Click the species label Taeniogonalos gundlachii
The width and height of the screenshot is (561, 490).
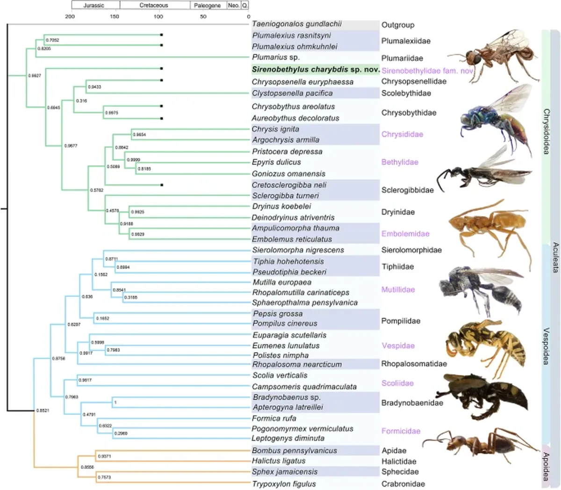(x=297, y=24)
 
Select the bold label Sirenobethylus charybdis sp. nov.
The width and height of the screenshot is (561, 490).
(x=316, y=69)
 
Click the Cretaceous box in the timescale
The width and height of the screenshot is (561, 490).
(x=154, y=5)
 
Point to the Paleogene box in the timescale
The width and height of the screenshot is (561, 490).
(x=208, y=5)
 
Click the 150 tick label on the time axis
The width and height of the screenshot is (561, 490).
(x=115, y=16)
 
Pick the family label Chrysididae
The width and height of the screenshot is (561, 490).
(x=402, y=134)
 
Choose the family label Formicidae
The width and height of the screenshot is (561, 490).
(x=401, y=431)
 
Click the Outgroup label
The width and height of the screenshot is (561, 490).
(x=398, y=25)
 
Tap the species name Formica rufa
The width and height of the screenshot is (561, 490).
(x=274, y=418)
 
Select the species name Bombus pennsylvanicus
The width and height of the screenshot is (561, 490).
(x=295, y=451)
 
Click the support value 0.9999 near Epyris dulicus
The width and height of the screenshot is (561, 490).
(x=133, y=160)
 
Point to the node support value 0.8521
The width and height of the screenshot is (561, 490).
(x=43, y=411)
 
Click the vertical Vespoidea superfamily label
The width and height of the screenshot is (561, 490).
(x=546, y=346)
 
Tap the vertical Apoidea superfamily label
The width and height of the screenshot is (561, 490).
(x=546, y=466)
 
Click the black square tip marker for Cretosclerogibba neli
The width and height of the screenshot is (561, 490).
(x=161, y=185)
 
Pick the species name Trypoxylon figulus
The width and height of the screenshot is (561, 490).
(x=284, y=484)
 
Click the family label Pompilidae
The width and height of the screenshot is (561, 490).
(x=401, y=321)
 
